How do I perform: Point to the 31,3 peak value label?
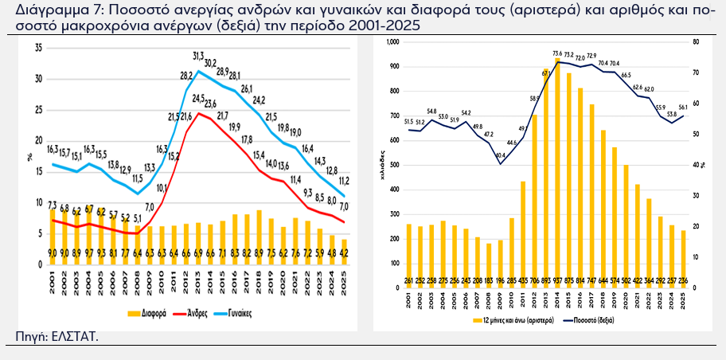(x=198, y=55)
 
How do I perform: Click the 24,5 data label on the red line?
(x=198, y=98)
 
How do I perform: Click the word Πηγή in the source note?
(x=30, y=337)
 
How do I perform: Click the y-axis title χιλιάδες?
(x=383, y=165)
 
